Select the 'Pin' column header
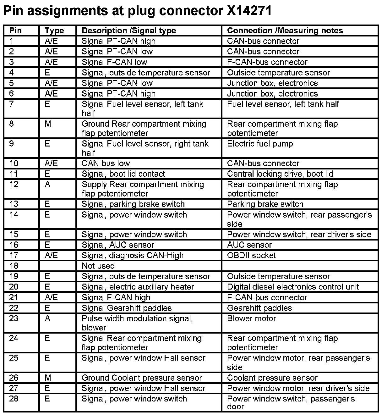click(16, 30)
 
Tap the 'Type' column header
click(54, 30)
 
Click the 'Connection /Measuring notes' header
click(285, 30)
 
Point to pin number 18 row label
click(14, 266)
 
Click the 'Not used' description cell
click(98, 266)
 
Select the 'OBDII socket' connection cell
click(251, 255)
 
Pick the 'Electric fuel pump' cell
click(260, 144)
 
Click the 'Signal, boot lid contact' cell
click(123, 174)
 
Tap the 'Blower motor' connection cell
click(251, 318)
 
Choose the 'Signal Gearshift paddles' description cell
click(127, 308)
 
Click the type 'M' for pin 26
click(48, 378)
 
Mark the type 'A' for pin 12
click(47, 185)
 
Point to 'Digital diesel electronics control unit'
click(293, 287)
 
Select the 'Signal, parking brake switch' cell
click(133, 204)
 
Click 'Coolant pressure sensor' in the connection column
click(272, 378)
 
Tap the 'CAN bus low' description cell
click(106, 163)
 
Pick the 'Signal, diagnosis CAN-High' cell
click(133, 255)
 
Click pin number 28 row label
click(14, 399)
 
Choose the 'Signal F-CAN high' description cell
click(116, 297)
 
